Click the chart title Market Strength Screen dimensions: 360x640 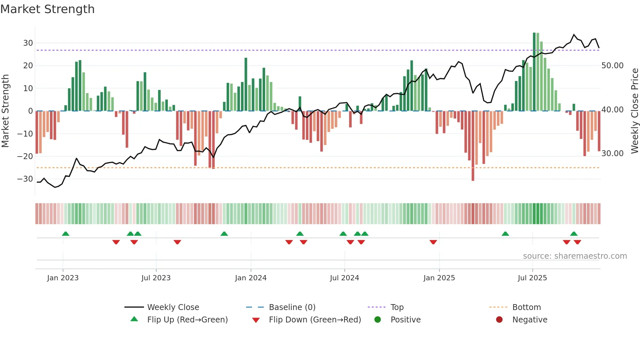(47, 9)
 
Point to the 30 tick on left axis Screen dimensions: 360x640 (28, 43)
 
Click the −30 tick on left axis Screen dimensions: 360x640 (25, 179)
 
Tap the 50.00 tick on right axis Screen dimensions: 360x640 (612, 66)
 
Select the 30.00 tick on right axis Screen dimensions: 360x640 (612, 154)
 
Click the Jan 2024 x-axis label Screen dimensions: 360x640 (250, 278)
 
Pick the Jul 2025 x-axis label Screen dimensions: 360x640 (532, 278)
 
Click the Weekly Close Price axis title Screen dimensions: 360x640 (634, 111)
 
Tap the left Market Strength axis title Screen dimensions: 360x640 (5, 111)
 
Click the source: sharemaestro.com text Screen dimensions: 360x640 (575, 256)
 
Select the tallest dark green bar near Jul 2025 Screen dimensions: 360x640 (534, 72)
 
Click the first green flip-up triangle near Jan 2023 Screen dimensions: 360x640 (66, 234)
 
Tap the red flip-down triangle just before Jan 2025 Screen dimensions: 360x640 (433, 242)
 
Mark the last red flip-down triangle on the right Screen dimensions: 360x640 (577, 242)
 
